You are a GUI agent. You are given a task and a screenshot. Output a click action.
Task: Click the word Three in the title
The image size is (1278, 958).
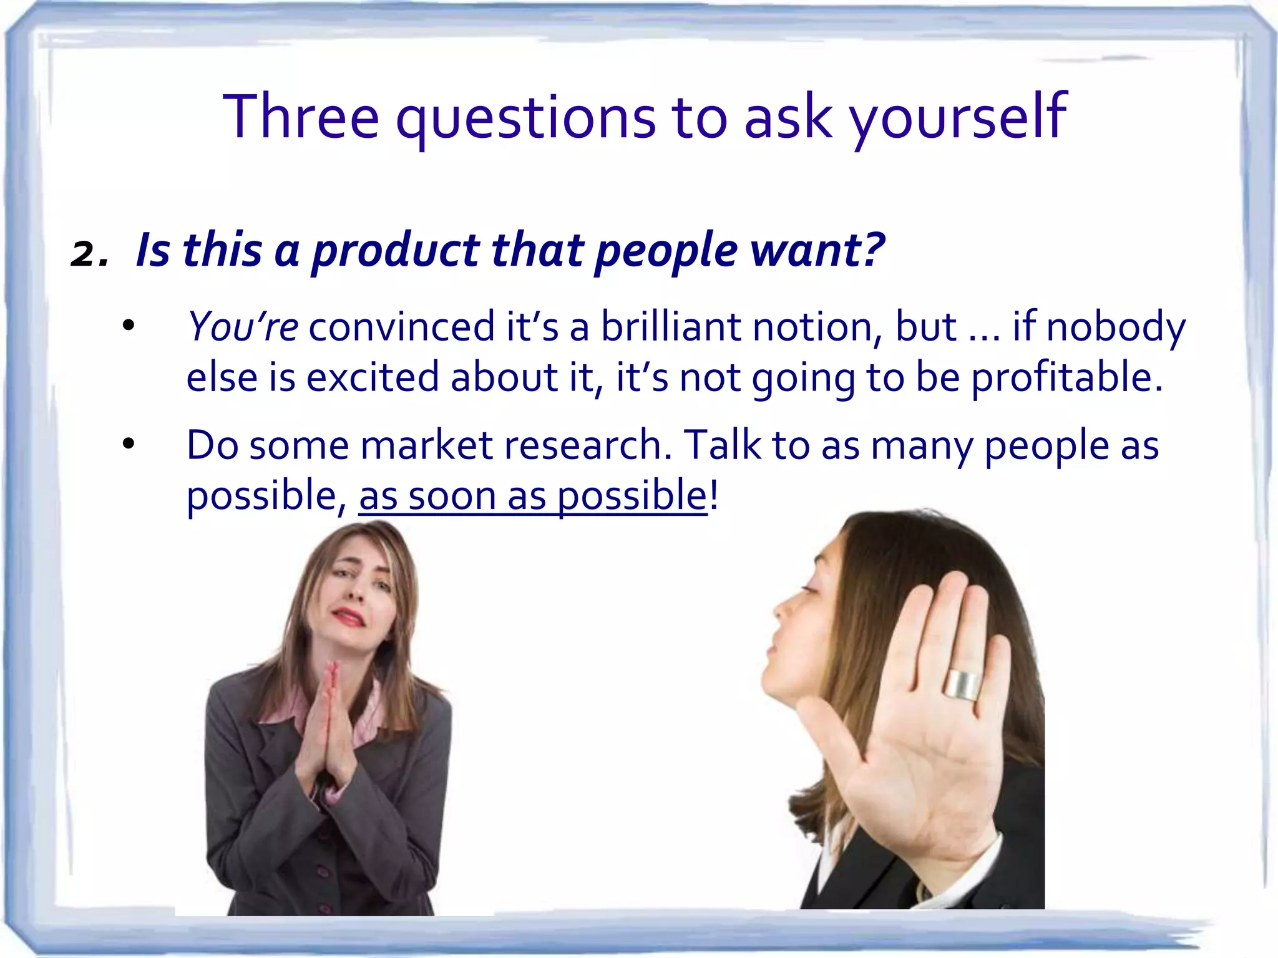[301, 117]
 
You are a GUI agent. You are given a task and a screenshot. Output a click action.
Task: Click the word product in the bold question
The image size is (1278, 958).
[395, 251]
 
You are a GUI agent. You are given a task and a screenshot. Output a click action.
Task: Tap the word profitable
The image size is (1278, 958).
[1067, 378]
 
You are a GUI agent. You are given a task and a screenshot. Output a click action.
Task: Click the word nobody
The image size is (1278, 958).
[1116, 326]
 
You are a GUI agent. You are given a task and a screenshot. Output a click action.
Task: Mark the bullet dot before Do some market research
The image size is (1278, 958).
[129, 444]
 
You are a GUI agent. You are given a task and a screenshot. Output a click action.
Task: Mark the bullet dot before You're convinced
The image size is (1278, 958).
[129, 325]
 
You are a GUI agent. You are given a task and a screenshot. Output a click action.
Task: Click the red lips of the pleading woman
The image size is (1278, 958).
[349, 617]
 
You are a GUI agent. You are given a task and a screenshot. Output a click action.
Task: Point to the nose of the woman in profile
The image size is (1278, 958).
[780, 607]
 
